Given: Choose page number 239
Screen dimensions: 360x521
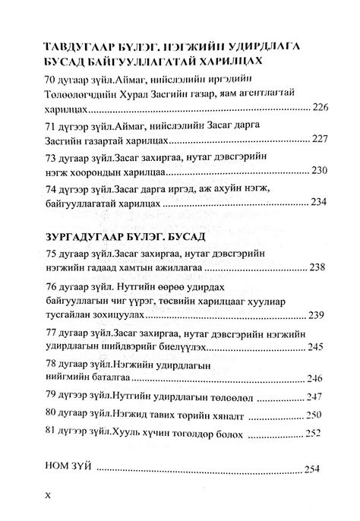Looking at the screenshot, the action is (317, 314).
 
